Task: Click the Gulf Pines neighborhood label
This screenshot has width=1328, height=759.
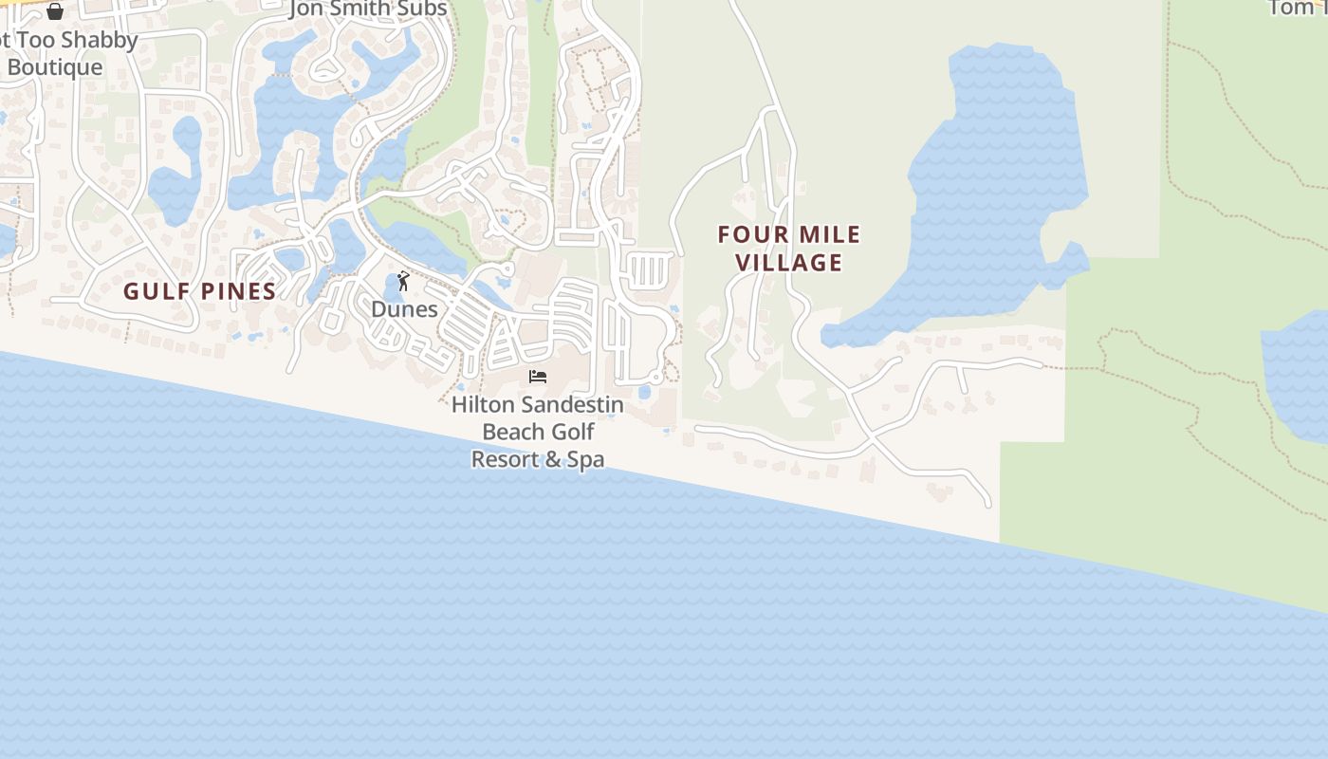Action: pyautogui.click(x=199, y=291)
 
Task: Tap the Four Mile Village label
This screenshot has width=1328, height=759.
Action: pyautogui.click(x=789, y=249)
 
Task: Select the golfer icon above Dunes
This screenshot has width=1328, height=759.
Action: pyautogui.click(x=403, y=281)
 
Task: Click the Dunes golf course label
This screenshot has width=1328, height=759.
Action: pyautogui.click(x=404, y=309)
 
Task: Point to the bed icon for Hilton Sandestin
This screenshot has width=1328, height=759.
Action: pyautogui.click(x=538, y=377)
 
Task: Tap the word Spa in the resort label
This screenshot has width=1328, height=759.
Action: pyautogui.click(x=585, y=460)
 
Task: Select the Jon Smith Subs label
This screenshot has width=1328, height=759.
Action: pyautogui.click(x=368, y=9)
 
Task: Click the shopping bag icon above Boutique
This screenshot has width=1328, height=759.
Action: pyautogui.click(x=55, y=11)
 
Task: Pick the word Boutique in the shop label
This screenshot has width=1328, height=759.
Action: pyautogui.click(x=55, y=67)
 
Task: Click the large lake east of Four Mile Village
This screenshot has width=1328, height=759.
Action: pyautogui.click(x=996, y=180)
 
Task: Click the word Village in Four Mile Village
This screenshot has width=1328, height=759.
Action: pyautogui.click(x=789, y=263)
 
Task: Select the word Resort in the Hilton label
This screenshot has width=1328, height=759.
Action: pyautogui.click(x=510, y=460)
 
